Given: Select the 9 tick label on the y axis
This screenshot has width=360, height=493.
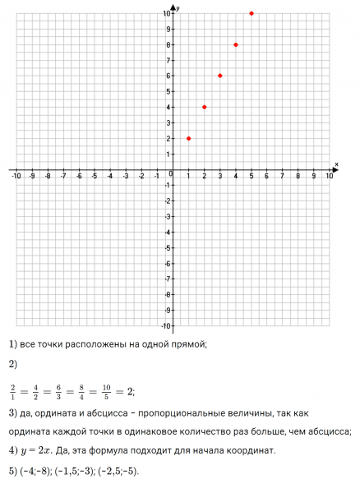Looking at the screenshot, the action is (x=167, y=29).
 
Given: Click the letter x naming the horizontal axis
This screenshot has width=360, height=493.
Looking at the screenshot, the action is (x=336, y=164).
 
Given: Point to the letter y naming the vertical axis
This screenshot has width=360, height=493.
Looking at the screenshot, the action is (x=178, y=7).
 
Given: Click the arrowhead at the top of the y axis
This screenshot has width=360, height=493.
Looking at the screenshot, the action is (x=173, y=7).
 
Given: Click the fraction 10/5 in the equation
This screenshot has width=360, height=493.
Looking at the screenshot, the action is (x=105, y=390).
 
